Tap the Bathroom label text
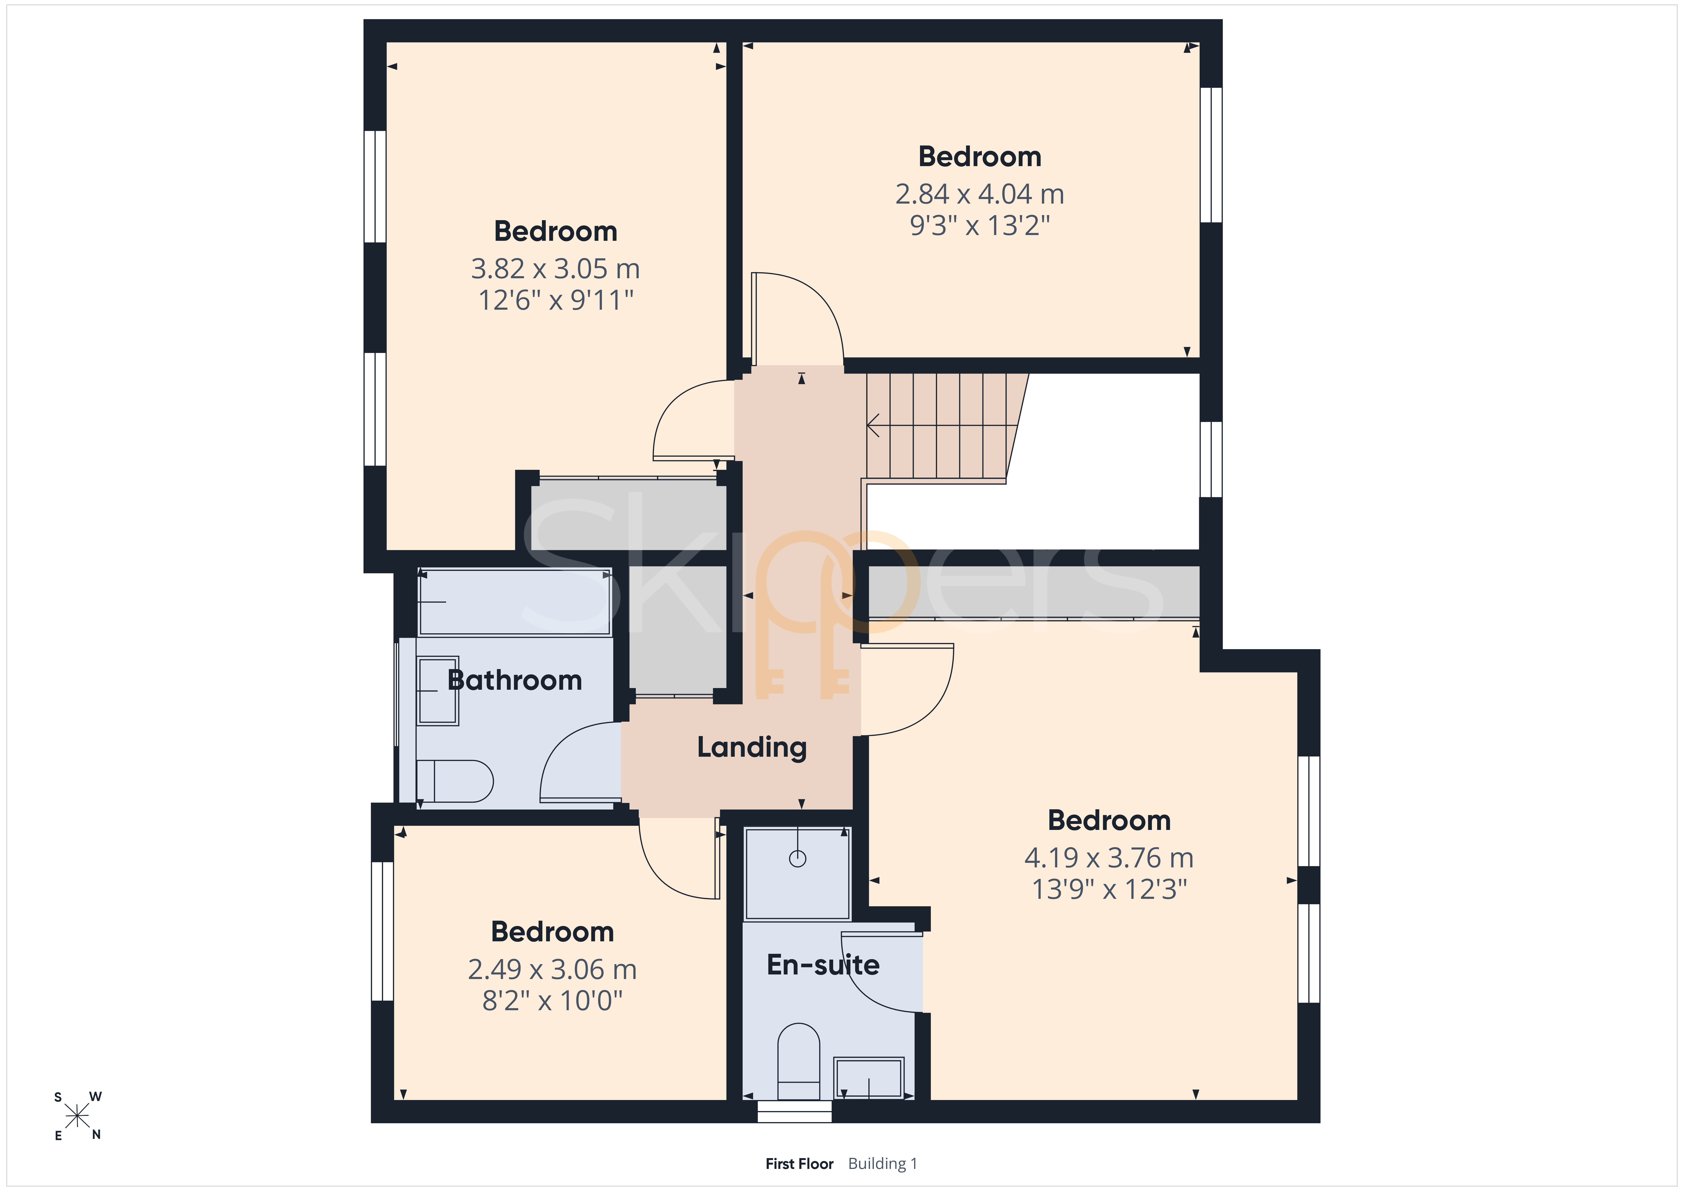click(515, 680)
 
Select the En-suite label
click(823, 964)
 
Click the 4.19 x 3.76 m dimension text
click(1109, 857)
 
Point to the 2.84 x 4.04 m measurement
click(980, 194)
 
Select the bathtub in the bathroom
click(514, 602)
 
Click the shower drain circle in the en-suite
click(797, 858)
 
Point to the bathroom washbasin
click(438, 690)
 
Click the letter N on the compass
click(96, 1135)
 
